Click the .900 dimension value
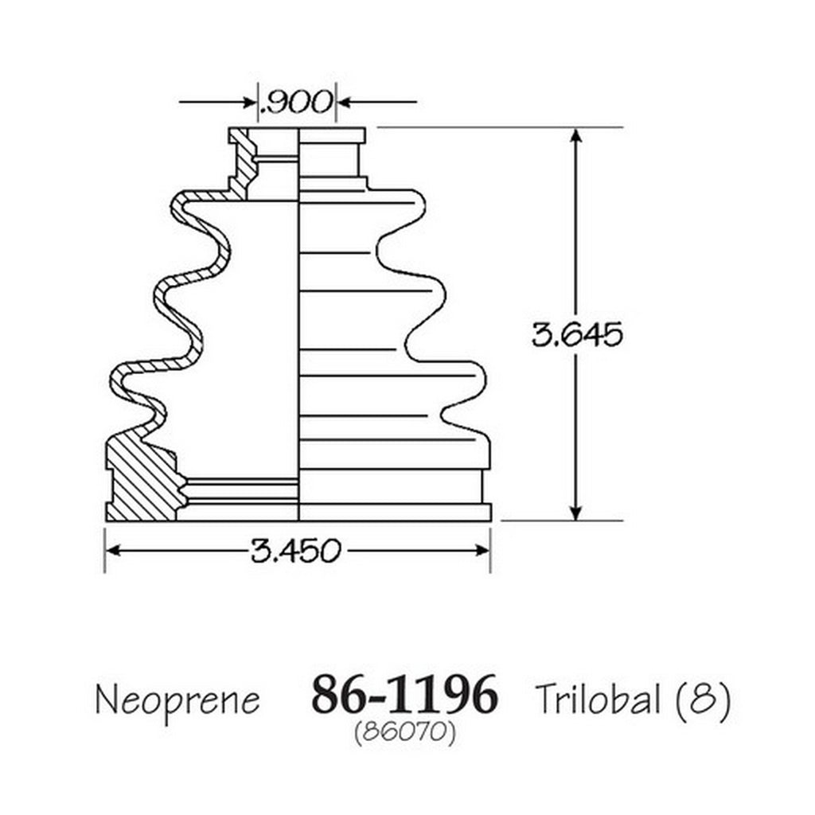click(x=295, y=102)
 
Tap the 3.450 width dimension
click(x=295, y=551)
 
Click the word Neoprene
click(x=177, y=700)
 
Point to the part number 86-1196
click(x=404, y=694)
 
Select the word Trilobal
click(x=598, y=698)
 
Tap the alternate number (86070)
click(x=405, y=733)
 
